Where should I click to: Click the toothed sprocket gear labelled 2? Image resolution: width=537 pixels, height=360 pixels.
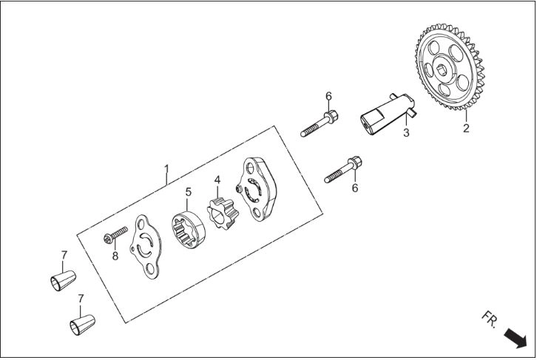pos(450,67)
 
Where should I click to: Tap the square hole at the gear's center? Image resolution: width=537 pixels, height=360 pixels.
pos(442,70)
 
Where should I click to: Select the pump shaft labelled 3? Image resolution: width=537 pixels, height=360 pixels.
pos(388,113)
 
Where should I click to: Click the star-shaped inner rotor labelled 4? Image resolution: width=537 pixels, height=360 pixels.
pos(223,213)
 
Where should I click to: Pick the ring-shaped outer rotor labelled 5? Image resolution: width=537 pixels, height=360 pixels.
pos(188,229)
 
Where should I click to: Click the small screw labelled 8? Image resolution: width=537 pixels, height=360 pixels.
pos(115,235)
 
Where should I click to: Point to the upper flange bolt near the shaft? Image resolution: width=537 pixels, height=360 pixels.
pos(320,123)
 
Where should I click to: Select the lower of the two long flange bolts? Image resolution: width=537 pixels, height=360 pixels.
pos(343,169)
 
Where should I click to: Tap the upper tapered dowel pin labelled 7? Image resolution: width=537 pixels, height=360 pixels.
pos(63,281)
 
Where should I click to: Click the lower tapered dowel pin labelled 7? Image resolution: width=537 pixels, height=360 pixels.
pos(82,325)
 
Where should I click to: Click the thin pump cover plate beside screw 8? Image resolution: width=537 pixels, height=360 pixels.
pos(145,247)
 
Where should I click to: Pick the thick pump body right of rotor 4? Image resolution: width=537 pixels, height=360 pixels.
pos(257,189)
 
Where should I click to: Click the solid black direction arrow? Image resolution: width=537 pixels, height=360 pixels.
pos(515,338)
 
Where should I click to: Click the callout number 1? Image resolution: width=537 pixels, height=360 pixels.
pos(166,169)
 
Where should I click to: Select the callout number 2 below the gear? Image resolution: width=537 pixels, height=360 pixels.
pos(466,129)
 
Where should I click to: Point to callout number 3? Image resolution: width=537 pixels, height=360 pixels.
pos(406,133)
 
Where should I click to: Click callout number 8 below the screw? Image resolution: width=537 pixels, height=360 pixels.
pos(115,256)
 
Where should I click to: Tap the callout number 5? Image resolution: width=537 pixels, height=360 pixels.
pos(189,192)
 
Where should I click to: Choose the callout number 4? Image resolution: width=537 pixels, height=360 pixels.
pos(217,180)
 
